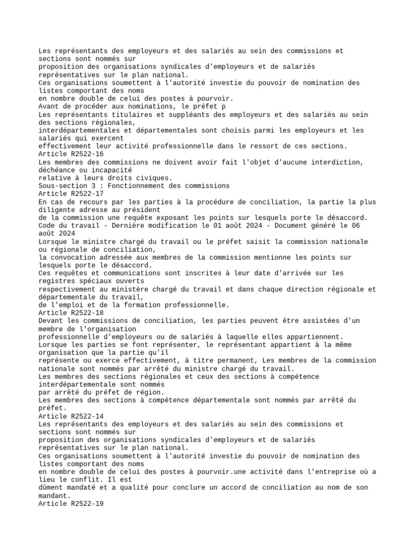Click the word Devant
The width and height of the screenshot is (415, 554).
pyautogui.click(x=50, y=320)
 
